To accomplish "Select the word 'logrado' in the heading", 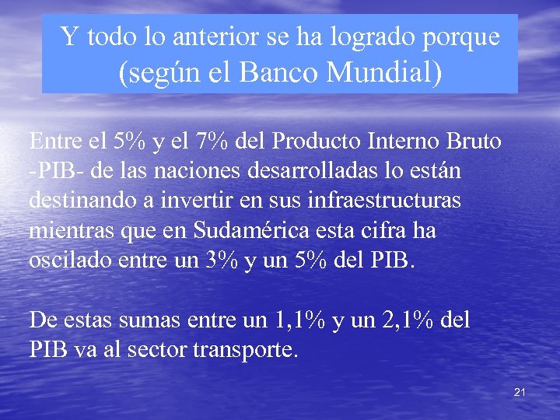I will (x=373, y=36).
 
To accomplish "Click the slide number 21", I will (x=520, y=393).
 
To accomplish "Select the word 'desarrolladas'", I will (x=317, y=171).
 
